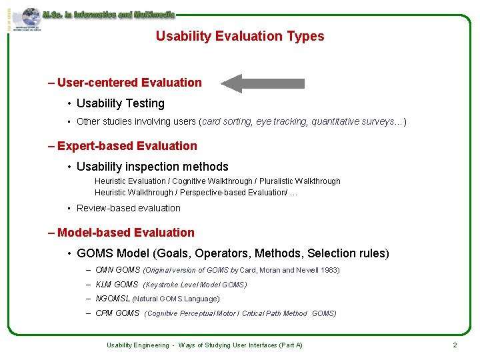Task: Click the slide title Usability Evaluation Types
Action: [240, 36]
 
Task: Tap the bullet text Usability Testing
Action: [120, 103]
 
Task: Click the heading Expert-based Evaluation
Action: [127, 146]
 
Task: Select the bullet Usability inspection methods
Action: [152, 167]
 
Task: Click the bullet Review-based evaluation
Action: [128, 208]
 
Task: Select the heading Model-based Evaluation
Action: [126, 233]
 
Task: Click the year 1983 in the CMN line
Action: [330, 270]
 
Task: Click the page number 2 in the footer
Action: [455, 345]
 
